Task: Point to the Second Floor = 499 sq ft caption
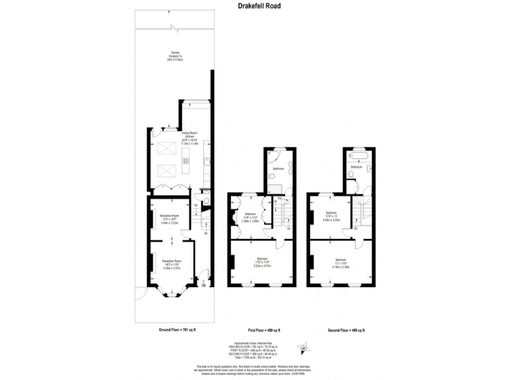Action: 346,330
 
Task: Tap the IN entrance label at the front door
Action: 203,285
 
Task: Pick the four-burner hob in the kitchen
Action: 186,161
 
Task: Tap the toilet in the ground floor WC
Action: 206,202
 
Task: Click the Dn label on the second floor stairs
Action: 356,228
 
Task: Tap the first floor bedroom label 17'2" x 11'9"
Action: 262,261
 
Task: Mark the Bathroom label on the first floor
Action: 279,170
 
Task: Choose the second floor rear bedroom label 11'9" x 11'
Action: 331,216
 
